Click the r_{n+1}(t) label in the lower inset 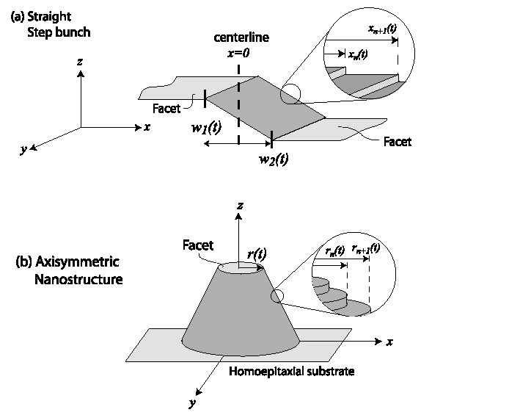(366, 248)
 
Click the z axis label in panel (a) (79, 62)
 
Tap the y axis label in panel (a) (24, 149)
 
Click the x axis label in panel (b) (391, 342)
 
